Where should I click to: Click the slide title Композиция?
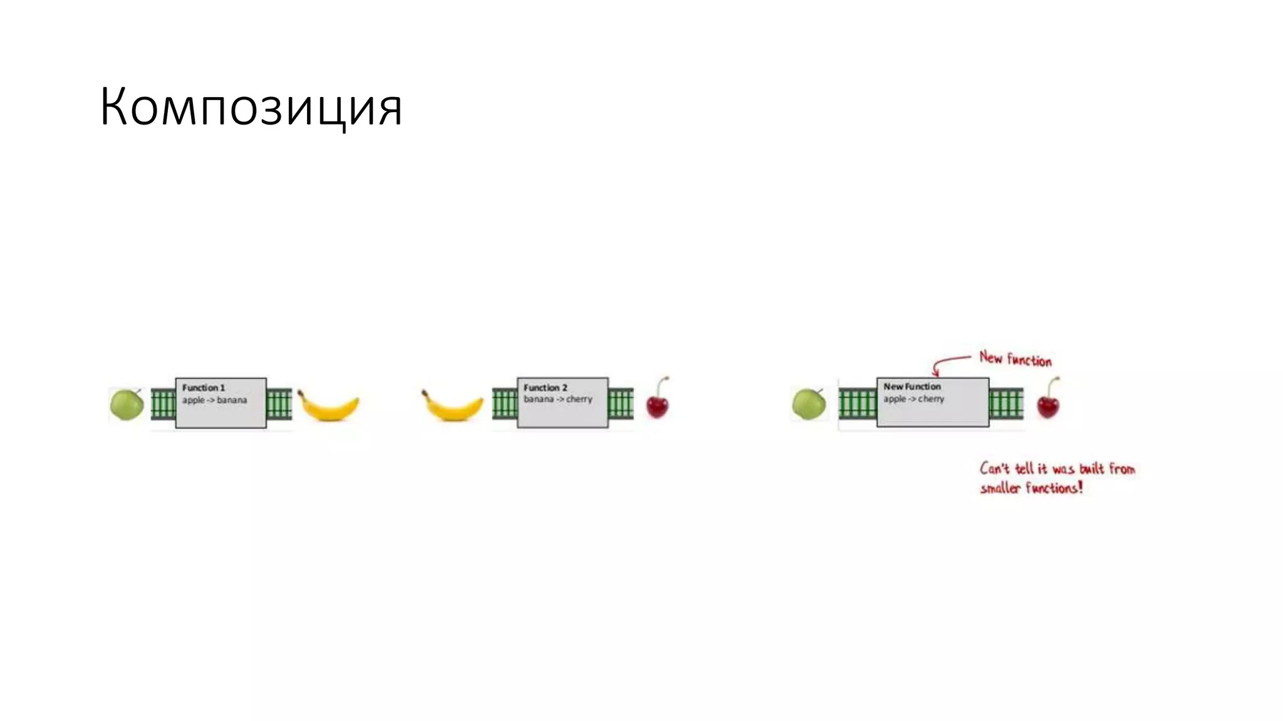click(251, 108)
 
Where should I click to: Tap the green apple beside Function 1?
click(127, 404)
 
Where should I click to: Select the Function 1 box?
click(221, 414)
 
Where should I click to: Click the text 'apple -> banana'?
click(214, 400)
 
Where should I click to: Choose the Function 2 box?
click(563, 414)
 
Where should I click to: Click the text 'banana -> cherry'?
click(558, 399)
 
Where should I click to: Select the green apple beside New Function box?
click(809, 404)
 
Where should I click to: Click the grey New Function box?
click(933, 414)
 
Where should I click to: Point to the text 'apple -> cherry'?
click(913, 399)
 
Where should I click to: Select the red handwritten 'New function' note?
click(1015, 359)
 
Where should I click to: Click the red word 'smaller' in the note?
click(1000, 489)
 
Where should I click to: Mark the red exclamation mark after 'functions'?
click(1080, 488)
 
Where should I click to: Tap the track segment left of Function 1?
click(163, 404)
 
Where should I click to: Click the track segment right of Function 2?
click(621, 404)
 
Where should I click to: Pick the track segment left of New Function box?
click(857, 404)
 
